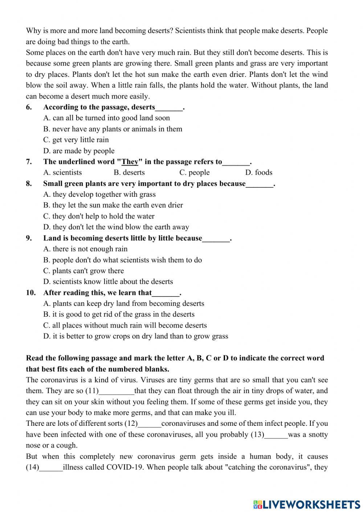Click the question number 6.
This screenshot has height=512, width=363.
[29, 107]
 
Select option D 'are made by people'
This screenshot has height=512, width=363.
[79, 151]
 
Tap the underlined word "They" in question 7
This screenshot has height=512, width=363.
[130, 162]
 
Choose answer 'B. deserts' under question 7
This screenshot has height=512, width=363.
[129, 172]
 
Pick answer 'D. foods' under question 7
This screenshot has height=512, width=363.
[258, 172]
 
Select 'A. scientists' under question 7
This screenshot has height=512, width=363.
[62, 172]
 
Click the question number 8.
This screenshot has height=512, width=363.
[29, 184]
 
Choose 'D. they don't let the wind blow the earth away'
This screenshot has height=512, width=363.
[116, 227]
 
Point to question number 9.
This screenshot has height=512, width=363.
[29, 238]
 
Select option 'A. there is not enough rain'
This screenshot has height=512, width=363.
[85, 249]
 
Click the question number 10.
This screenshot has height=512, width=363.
[30, 293]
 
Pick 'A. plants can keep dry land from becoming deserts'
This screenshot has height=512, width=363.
[123, 304]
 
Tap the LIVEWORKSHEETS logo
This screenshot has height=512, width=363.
[307, 504]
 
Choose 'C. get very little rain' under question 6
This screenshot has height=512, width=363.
[76, 140]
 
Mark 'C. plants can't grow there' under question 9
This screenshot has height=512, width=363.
[83, 271]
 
